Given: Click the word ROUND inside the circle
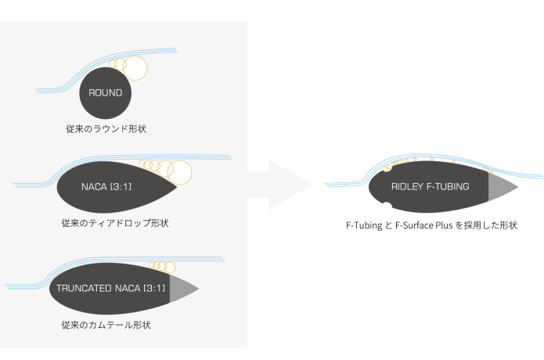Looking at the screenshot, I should click(x=106, y=92).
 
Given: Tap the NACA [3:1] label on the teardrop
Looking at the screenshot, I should click(x=110, y=187).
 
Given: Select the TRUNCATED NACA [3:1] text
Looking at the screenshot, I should click(x=110, y=288).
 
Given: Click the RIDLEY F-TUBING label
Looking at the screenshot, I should click(x=430, y=187).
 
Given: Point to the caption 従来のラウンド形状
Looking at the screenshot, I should click(x=106, y=128).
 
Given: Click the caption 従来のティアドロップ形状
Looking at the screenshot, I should click(x=114, y=223).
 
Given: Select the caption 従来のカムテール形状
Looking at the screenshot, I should click(x=110, y=323).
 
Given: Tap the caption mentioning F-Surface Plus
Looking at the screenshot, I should click(x=432, y=225).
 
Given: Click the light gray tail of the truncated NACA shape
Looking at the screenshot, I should click(x=182, y=288).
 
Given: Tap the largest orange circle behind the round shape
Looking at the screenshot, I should click(x=136, y=68).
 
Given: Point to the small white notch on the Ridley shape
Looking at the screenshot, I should click(x=385, y=209).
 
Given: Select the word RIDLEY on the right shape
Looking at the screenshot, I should click(x=407, y=187).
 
